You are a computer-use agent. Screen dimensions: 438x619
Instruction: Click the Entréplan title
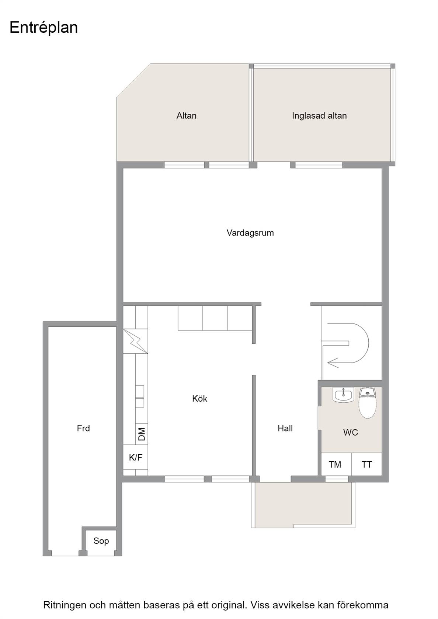pos(44,28)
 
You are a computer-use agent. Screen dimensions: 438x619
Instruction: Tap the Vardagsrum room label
pos(250,233)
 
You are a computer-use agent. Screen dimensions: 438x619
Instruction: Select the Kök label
pos(200,399)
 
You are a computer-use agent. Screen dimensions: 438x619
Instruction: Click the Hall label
pos(285,428)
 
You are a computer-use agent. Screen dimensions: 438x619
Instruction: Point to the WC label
pos(351,433)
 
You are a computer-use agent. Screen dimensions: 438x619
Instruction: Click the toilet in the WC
pos(368,403)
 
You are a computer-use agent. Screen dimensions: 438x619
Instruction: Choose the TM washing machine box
pos(336,464)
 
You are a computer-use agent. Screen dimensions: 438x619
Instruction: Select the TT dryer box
pos(366,464)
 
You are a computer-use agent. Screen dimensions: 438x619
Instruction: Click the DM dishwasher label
pos(142,434)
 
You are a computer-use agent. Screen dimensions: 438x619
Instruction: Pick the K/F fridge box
pos(135,457)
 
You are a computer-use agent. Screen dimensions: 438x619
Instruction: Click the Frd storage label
pos(83,428)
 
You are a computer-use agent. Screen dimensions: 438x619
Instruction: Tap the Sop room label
pos(101,541)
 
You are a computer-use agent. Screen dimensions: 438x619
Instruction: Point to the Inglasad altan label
pos(319,116)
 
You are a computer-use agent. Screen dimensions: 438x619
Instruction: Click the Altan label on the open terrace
pos(187,116)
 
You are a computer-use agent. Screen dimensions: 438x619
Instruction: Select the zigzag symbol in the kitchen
pos(135,341)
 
